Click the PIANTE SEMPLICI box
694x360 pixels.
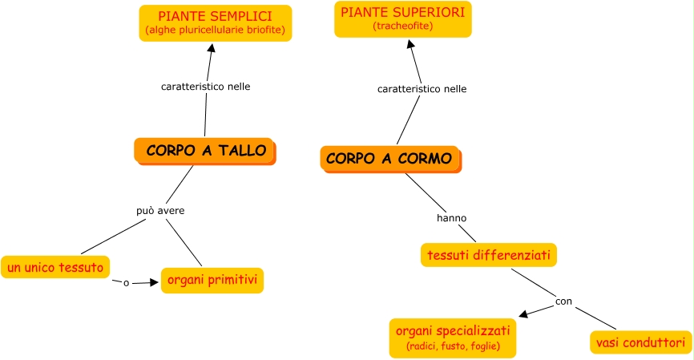[x=214, y=23]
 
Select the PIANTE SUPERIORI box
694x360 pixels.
[x=402, y=18]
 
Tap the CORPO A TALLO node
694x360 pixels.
[x=205, y=150]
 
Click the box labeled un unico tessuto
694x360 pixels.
[x=55, y=267]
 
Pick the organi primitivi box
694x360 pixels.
[x=212, y=281]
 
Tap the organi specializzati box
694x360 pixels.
[x=453, y=338]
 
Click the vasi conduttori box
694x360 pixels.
[x=640, y=342]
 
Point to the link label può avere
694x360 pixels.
[x=160, y=211]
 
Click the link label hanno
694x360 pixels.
[x=451, y=217]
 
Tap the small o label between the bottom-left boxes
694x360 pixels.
[x=126, y=282]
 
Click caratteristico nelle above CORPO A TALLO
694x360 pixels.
[x=206, y=87]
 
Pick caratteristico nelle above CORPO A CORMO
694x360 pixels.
[x=422, y=89]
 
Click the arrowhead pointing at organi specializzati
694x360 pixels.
[x=523, y=314]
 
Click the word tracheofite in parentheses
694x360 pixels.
[x=402, y=26]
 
